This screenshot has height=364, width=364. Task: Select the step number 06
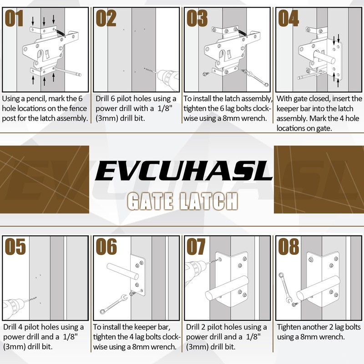click(106, 247)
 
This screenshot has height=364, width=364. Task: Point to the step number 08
click(289, 247)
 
